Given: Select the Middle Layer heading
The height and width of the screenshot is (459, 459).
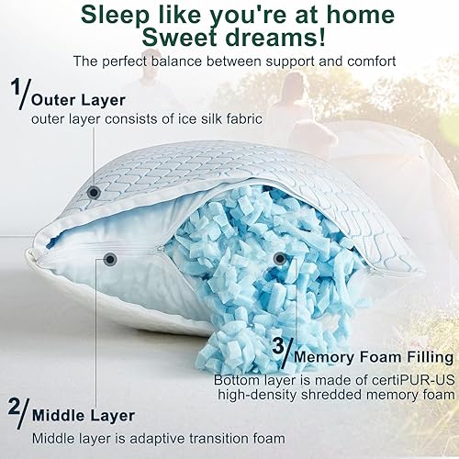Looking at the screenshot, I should (84, 416).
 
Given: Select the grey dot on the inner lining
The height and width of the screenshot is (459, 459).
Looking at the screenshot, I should (110, 260).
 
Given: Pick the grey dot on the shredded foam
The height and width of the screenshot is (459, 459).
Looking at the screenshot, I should (279, 260).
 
